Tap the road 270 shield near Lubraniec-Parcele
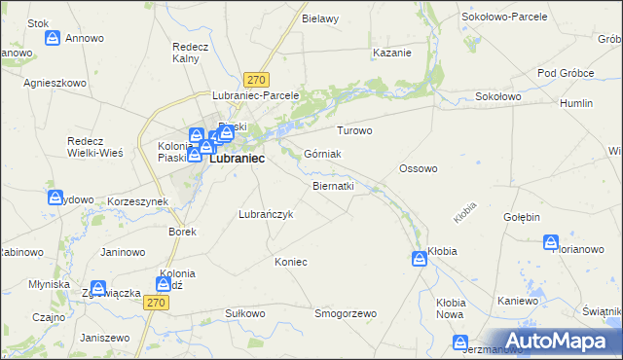[257, 80]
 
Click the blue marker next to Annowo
[54, 39]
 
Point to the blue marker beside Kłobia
[419, 258]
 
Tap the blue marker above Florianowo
[551, 241]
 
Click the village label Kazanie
[392, 53]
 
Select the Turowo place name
[354, 130]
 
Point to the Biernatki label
[333, 185]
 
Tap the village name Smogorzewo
[345, 314]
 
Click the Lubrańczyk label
[266, 214]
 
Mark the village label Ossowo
[418, 168]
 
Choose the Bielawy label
[320, 18]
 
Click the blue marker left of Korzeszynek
[55, 198]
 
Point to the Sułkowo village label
[245, 313]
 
